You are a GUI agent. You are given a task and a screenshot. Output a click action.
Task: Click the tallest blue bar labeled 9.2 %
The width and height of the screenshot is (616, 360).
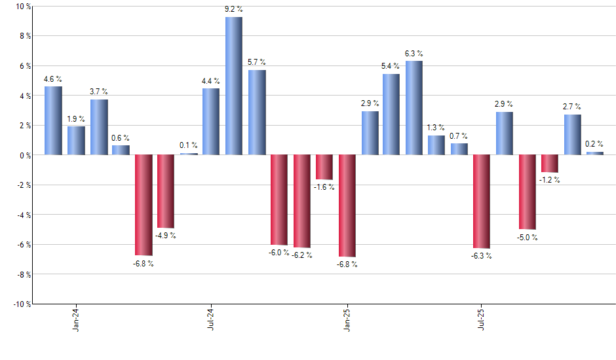tap(234, 86)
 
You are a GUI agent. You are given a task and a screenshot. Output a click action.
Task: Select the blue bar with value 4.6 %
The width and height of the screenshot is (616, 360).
tap(53, 120)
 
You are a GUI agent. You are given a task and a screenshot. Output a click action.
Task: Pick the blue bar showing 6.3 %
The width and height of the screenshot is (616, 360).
tap(414, 108)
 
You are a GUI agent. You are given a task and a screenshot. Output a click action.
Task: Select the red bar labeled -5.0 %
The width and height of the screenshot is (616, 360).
tap(527, 192)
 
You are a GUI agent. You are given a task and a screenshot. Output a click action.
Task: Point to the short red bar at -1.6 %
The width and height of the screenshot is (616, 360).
tap(324, 167)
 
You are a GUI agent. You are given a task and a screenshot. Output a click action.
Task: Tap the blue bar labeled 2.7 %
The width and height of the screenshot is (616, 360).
tap(572, 135)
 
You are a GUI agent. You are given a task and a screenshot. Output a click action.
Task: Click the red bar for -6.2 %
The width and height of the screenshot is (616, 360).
tap(301, 201)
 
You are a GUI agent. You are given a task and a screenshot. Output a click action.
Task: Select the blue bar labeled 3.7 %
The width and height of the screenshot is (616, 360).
tap(98, 127)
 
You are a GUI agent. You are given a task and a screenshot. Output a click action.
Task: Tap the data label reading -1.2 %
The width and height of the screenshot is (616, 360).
tap(550, 180)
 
